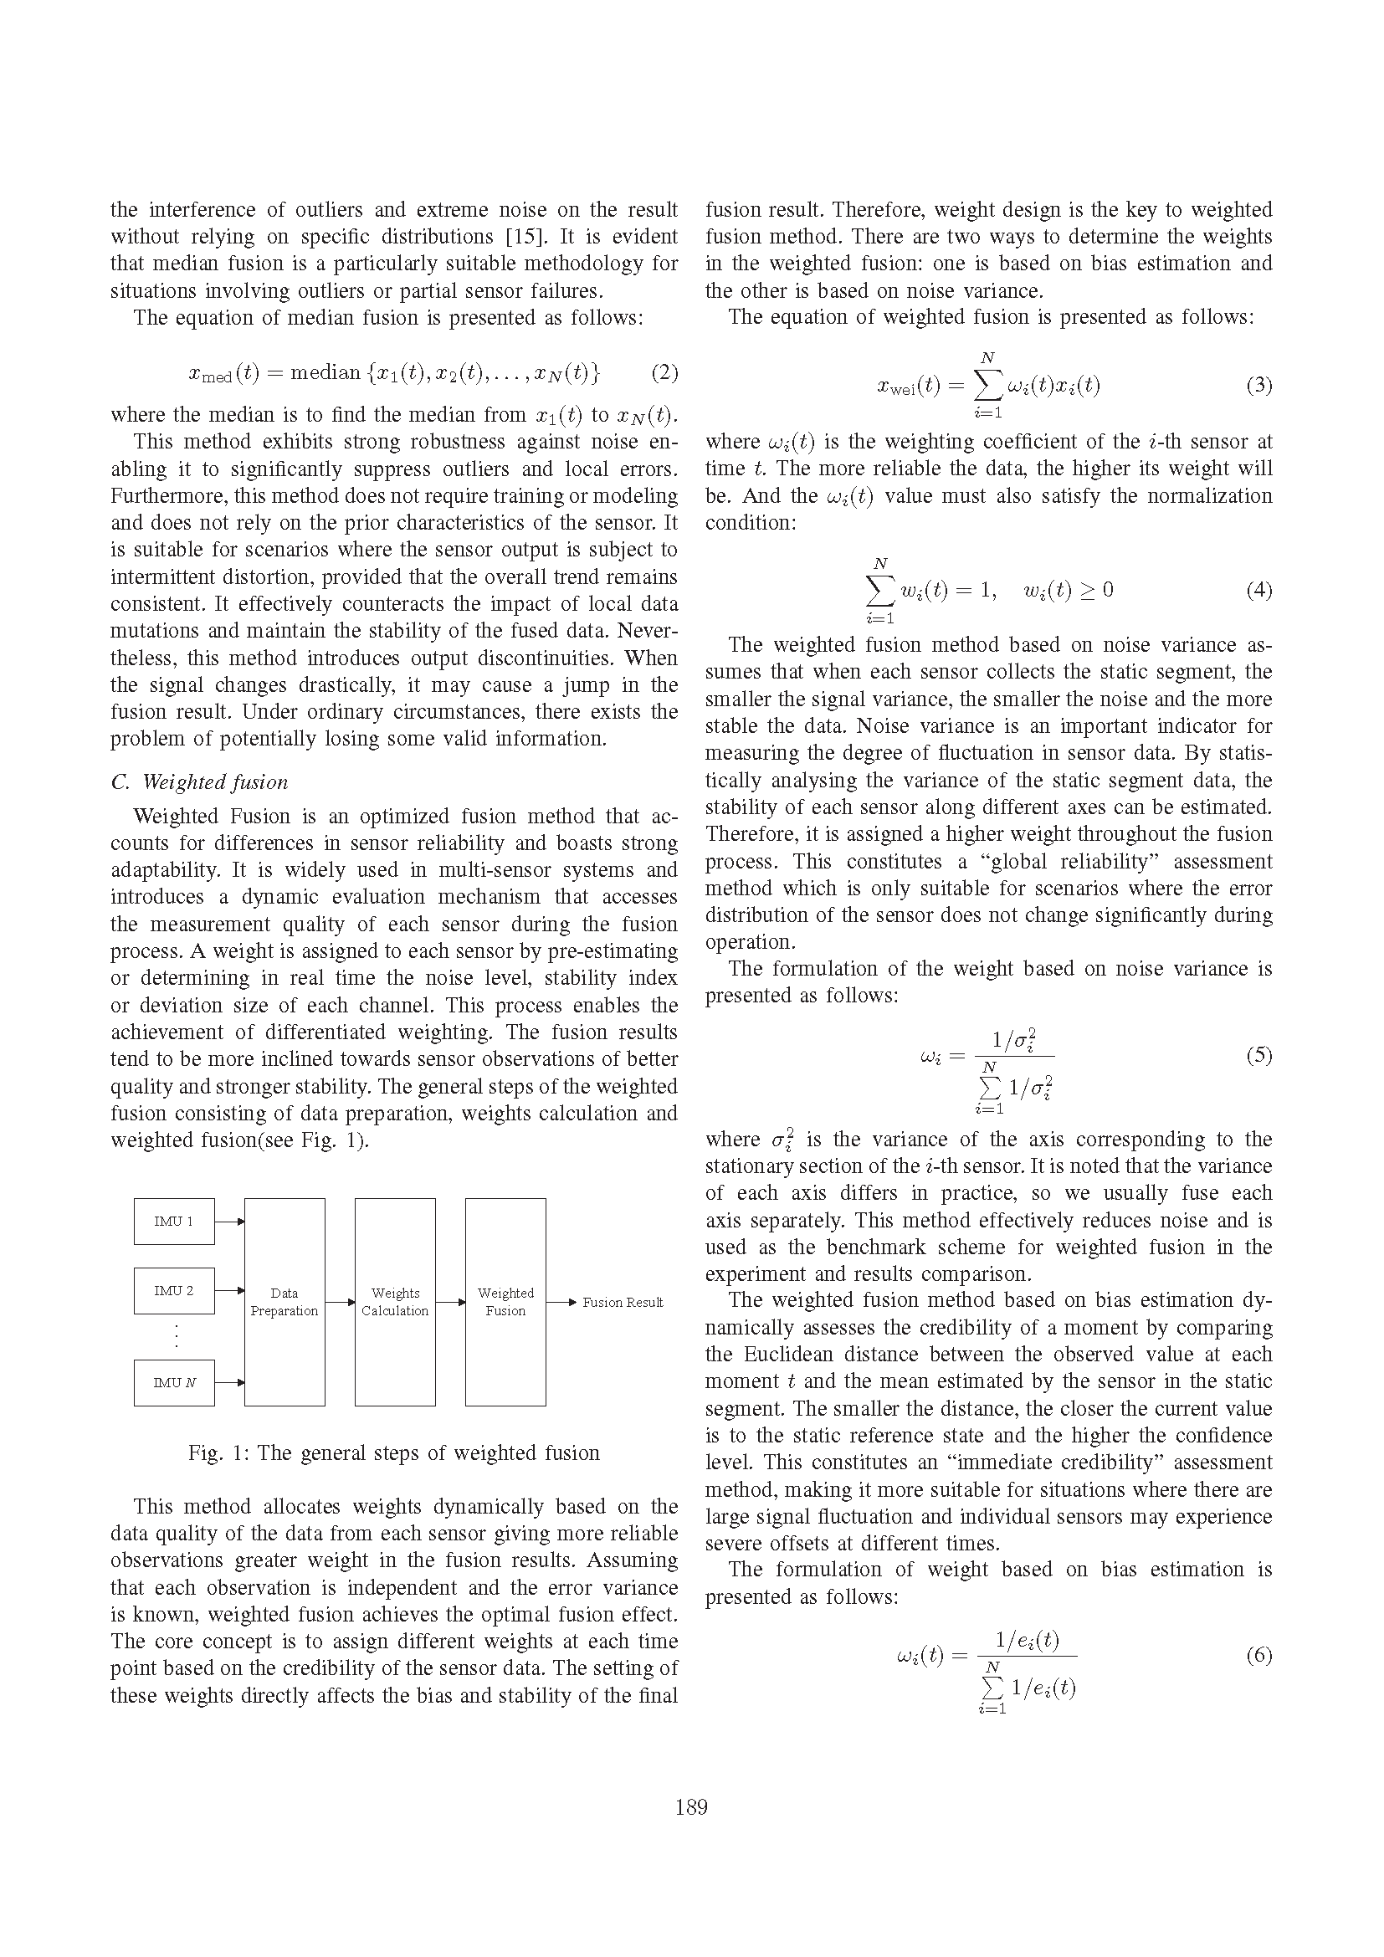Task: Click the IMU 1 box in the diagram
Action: [174, 1222]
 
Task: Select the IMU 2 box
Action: [174, 1290]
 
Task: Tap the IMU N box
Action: [174, 1382]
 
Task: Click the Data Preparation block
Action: [284, 1302]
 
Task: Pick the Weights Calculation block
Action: [395, 1302]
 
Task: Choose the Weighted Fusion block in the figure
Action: [505, 1302]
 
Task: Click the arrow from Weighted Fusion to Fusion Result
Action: [561, 1303]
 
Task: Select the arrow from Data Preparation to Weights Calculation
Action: [340, 1303]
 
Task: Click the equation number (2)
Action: [664, 372]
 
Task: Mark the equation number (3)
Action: [1258, 385]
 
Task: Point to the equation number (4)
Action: [1258, 590]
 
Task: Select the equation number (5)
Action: [1258, 1055]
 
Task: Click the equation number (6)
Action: [1258, 1655]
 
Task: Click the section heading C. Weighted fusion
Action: [199, 781]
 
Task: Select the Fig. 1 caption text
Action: [394, 1452]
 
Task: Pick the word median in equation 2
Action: [325, 372]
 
